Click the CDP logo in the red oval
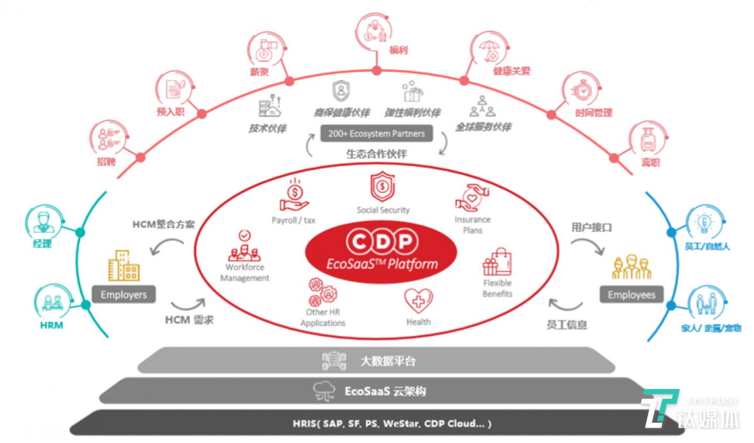[x=382, y=241]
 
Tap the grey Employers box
[x=124, y=295]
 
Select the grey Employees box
[x=631, y=295]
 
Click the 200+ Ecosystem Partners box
[x=376, y=134]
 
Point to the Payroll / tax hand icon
[x=294, y=197]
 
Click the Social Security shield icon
[x=383, y=187]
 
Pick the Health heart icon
[x=418, y=301]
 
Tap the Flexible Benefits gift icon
[x=497, y=262]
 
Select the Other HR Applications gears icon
[x=322, y=292]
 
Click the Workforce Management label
[x=245, y=272]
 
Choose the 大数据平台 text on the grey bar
[x=388, y=361]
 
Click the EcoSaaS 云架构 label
[x=385, y=391]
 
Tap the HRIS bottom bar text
[x=392, y=424]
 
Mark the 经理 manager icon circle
[x=43, y=223]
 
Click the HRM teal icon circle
[x=52, y=302]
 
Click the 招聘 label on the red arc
[x=106, y=162]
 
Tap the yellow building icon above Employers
[x=124, y=265]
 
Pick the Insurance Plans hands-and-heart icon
[x=472, y=198]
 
